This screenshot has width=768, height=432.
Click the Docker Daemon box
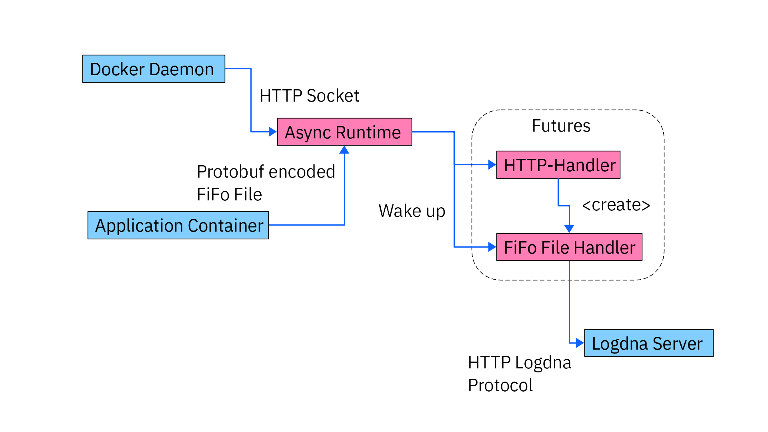point(154,69)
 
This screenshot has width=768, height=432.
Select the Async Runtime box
point(344,132)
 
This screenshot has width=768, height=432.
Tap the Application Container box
point(178,225)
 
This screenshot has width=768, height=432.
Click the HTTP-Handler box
point(558,165)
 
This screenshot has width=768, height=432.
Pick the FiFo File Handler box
point(569,247)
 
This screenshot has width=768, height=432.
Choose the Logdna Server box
point(648,343)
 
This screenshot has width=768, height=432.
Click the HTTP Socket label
point(309,96)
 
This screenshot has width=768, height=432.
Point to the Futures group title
point(561,126)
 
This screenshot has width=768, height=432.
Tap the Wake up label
point(412,211)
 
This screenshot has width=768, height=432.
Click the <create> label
point(616,205)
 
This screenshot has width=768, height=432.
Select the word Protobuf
point(230,172)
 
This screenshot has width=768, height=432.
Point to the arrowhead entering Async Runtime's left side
point(273,132)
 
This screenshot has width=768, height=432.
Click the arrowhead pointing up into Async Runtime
point(344,150)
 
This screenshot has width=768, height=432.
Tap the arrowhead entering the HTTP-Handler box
point(492,164)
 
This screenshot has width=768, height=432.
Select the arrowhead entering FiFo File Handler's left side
point(492,247)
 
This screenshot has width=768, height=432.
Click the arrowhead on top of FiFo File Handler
point(569,229)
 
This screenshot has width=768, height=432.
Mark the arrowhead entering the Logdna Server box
point(580,343)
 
